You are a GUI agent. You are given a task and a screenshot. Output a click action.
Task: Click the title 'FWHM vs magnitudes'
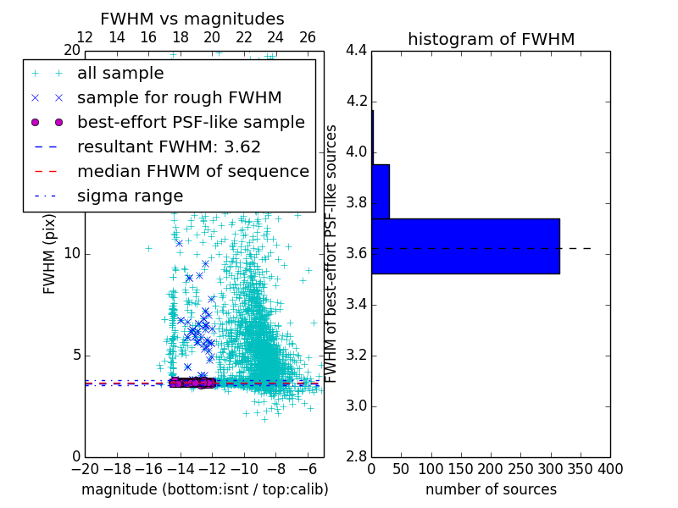point(192,19)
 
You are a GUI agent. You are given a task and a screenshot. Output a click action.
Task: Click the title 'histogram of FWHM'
point(491,39)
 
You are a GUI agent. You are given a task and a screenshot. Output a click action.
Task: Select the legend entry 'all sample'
point(120,74)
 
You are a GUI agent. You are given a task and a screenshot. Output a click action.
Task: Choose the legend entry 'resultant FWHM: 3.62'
point(169,146)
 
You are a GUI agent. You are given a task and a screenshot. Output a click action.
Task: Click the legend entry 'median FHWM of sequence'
point(192,171)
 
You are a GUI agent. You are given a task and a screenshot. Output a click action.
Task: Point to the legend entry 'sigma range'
point(130,196)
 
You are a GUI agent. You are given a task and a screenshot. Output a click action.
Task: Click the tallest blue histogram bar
point(465,246)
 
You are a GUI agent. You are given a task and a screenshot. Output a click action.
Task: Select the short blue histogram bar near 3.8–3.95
point(381,191)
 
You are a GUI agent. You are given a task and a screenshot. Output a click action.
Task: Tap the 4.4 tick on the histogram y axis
point(357,51)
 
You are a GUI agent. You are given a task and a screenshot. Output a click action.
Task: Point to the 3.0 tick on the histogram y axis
point(357,406)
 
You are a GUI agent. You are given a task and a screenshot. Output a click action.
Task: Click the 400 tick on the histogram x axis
point(609,468)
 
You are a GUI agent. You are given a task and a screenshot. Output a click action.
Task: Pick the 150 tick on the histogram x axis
point(461,468)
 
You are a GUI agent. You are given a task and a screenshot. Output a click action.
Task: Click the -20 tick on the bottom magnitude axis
point(85,468)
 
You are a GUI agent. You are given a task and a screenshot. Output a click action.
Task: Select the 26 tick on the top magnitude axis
point(308,37)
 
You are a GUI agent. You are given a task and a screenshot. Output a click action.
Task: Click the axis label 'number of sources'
point(491,489)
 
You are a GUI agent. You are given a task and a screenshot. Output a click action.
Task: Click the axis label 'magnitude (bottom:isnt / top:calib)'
point(204,489)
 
